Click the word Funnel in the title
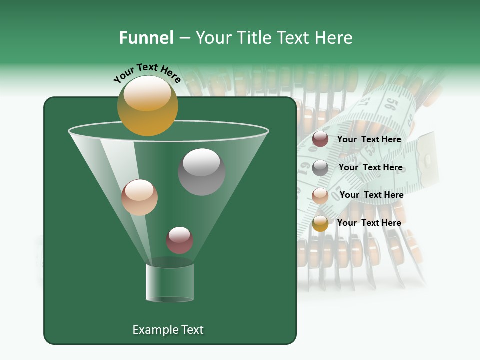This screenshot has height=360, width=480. point(146,38)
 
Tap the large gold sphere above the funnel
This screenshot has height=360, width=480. point(147,105)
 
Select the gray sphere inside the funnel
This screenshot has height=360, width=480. point(201,172)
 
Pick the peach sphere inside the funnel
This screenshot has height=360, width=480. point(139,197)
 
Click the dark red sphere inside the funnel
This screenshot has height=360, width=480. point(179,240)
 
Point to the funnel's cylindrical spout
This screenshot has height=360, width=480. point(170,282)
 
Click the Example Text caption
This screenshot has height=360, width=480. point(168,330)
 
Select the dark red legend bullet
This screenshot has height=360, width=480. point(320,139)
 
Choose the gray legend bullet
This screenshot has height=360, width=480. point(320,168)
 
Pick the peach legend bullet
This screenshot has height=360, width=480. point(320,195)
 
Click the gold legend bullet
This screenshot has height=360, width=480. point(320,223)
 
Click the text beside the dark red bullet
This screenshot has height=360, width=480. point(369,139)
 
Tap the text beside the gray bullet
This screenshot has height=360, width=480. point(370,167)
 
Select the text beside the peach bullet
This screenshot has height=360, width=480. point(371,195)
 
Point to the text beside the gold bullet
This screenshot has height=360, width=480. point(369,223)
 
